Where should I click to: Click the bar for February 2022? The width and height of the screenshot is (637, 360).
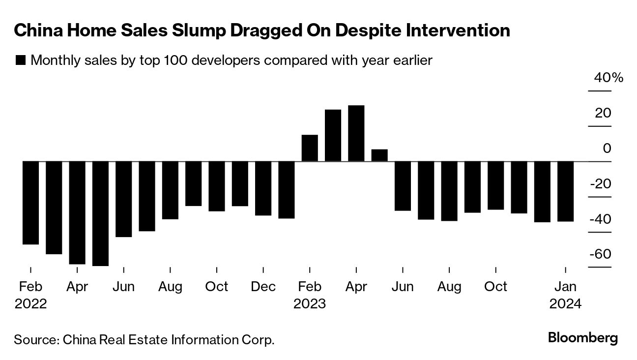pyautogui.click(x=30, y=203)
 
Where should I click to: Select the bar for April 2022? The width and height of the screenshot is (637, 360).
pyautogui.click(x=77, y=212)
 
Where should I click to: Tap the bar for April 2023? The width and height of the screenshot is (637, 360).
pyautogui.click(x=356, y=133)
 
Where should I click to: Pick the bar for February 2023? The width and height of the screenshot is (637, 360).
pyautogui.click(x=310, y=148)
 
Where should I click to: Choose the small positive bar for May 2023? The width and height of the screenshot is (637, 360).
pyautogui.click(x=379, y=155)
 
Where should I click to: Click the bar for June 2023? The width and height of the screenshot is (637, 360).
pyautogui.click(x=403, y=186)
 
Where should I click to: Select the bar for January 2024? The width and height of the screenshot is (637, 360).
pyautogui.click(x=565, y=191)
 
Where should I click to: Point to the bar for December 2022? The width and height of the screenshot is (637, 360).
pyautogui.click(x=263, y=188)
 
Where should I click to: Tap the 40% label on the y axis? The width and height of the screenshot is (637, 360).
pyautogui.click(x=608, y=78)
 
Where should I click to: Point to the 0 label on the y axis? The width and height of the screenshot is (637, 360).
pyautogui.click(x=607, y=149)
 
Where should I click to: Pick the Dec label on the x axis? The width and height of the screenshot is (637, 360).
pyautogui.click(x=263, y=286)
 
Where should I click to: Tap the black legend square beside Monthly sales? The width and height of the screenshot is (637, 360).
pyautogui.click(x=21, y=60)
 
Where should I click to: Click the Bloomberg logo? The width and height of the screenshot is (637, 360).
pyautogui.click(x=582, y=338)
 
